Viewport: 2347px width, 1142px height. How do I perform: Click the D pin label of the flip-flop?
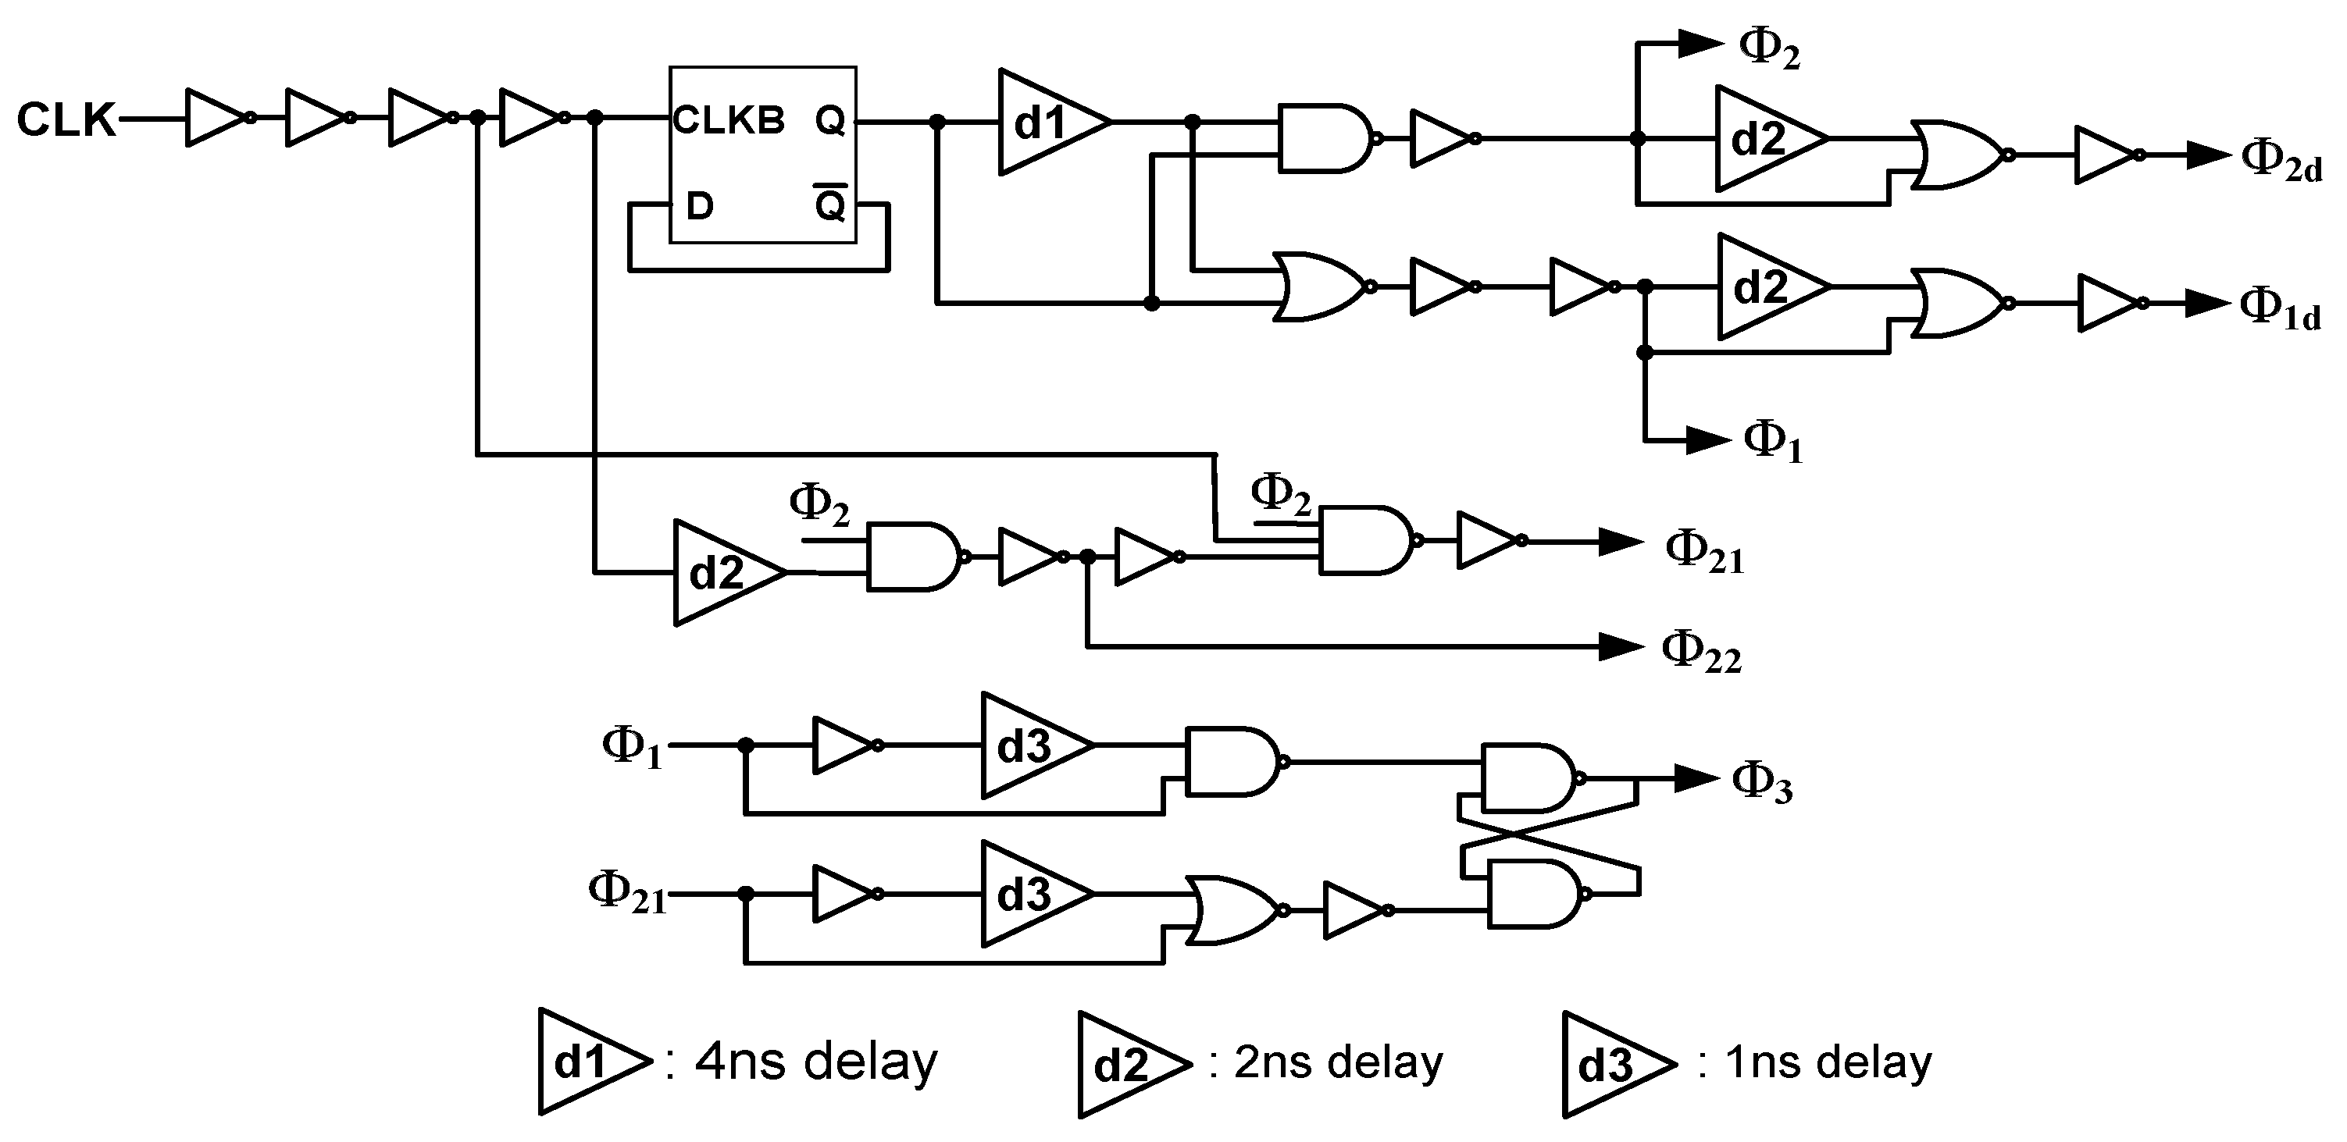click(x=699, y=207)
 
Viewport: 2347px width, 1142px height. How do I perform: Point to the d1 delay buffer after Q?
click(x=1048, y=121)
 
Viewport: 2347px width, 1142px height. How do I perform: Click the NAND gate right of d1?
click(x=1323, y=137)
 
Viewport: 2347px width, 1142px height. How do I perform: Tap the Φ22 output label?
click(x=1701, y=652)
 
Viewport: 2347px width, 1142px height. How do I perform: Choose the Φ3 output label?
click(x=1761, y=783)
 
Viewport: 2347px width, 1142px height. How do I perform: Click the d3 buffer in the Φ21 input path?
click(x=1030, y=895)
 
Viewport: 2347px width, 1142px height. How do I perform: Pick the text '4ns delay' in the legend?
click(x=815, y=1062)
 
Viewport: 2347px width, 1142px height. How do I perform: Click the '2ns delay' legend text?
click(x=1337, y=1062)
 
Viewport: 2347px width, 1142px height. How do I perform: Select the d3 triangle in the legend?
click(x=1613, y=1064)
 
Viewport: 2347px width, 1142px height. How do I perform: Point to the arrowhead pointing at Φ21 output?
click(x=1621, y=542)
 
